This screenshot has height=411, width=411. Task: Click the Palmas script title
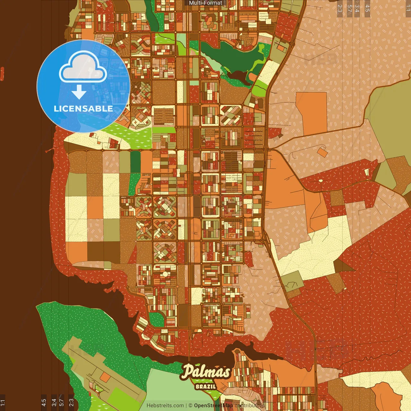click(x=205, y=372)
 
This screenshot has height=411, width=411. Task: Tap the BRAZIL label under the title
click(x=205, y=386)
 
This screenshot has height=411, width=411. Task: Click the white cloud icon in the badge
click(x=83, y=68)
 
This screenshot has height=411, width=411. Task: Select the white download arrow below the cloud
click(x=79, y=92)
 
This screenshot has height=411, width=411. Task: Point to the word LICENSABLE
click(x=83, y=109)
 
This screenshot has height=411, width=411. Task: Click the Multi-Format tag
click(x=205, y=3)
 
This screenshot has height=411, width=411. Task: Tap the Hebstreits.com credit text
click(x=165, y=406)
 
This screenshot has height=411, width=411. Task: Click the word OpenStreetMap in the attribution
click(x=214, y=406)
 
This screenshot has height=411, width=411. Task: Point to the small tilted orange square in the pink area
click(x=322, y=152)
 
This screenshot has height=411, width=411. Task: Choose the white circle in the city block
click(x=165, y=274)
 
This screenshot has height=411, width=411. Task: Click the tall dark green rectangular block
click(x=135, y=162)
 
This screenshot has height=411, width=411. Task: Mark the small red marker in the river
click(x=2, y=73)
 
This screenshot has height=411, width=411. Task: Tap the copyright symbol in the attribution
click(x=190, y=406)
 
